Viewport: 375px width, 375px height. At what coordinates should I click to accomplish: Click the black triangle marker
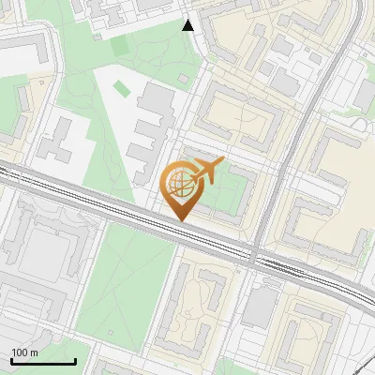point(188,25)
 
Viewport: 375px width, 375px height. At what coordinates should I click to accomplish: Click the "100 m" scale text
point(24,352)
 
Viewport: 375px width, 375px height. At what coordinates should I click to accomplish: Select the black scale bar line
point(42,361)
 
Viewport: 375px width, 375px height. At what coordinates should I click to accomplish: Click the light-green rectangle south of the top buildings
point(120,44)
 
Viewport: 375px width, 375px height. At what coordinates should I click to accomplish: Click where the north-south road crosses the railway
point(254,255)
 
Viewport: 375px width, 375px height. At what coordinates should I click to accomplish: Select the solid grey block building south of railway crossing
point(260,305)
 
